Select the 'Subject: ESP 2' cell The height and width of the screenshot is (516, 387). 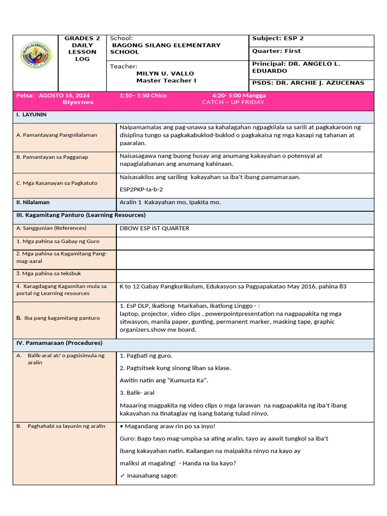(x=278, y=39)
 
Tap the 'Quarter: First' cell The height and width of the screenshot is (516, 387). (x=276, y=51)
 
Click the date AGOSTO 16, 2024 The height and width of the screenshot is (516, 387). (x=64, y=95)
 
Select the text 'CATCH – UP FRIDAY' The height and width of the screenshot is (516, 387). (x=233, y=102)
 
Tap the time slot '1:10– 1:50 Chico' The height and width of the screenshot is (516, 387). (x=143, y=95)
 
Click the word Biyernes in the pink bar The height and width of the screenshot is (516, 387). (x=78, y=102)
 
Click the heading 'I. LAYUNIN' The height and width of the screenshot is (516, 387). (x=31, y=115)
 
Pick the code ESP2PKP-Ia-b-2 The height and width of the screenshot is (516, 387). (x=141, y=189)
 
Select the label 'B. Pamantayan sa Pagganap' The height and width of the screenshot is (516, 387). (x=52, y=157)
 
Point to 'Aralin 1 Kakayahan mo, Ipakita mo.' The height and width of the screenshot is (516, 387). (x=170, y=202)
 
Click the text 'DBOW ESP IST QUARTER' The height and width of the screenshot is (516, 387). (x=154, y=228)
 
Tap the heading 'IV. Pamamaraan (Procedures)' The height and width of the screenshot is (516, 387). (x=59, y=343)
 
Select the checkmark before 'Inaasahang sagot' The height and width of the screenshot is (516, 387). (x=122, y=476)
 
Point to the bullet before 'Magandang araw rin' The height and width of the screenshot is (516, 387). (x=121, y=426)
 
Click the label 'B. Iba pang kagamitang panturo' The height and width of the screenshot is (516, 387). (x=58, y=318)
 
